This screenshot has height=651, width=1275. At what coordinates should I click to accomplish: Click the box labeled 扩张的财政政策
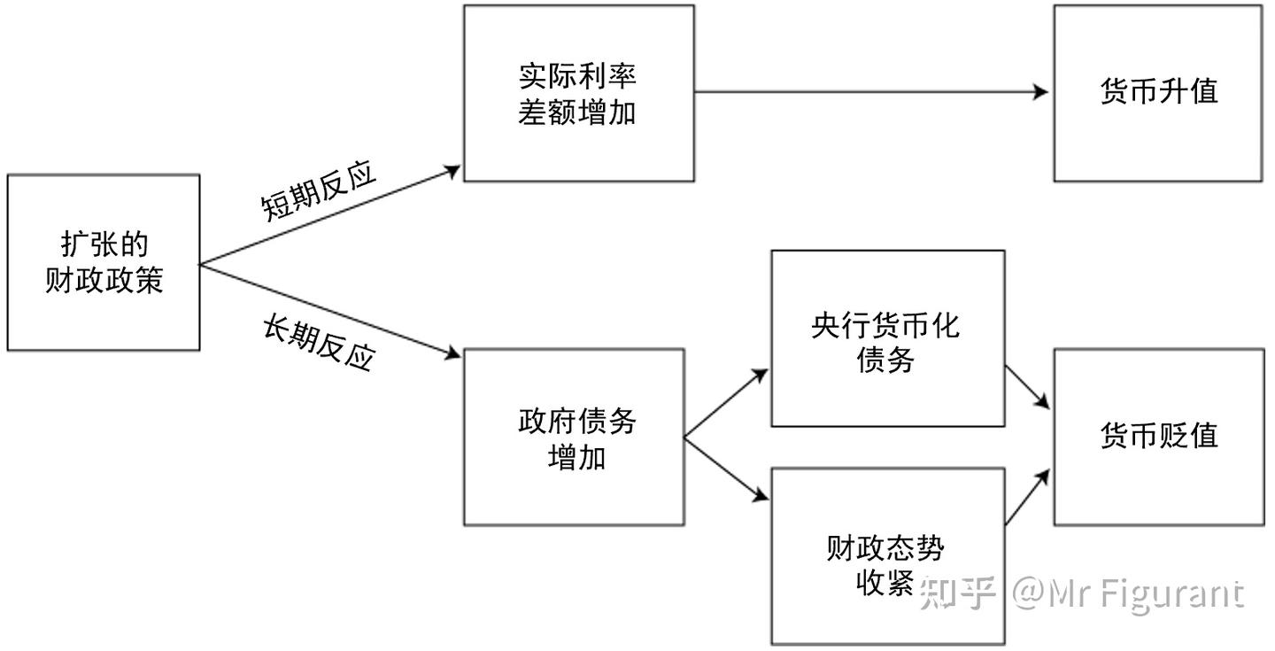point(104,262)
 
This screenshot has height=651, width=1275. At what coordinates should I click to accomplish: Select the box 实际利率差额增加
point(578,93)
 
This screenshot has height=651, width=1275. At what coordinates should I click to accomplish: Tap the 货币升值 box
point(1158,93)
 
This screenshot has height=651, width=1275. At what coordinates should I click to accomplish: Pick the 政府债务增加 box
point(574,437)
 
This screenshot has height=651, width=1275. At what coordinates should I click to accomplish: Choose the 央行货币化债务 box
point(887,338)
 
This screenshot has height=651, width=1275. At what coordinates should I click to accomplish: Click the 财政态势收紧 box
point(887,556)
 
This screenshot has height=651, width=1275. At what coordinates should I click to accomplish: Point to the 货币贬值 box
point(1158,436)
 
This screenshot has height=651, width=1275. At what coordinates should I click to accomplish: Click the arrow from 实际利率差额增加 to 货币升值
point(868,92)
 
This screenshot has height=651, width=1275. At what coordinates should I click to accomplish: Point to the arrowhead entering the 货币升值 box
point(1041,92)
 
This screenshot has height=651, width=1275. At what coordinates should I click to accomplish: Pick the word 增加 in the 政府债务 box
point(576,458)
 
